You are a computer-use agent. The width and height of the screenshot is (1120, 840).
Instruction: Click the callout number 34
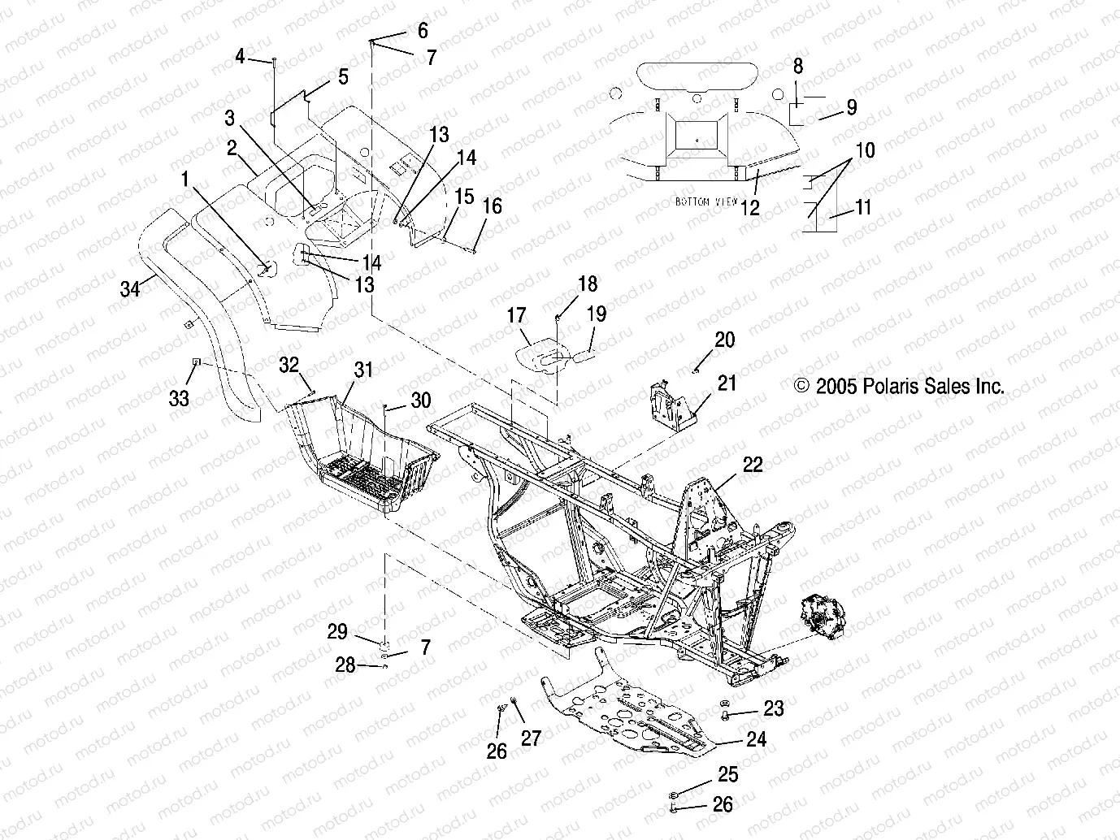tap(129, 288)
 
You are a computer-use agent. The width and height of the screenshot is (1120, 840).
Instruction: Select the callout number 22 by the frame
tap(753, 464)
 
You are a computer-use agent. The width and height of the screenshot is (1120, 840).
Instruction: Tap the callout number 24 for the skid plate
tap(756, 739)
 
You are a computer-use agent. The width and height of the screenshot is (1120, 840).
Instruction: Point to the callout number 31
tap(363, 370)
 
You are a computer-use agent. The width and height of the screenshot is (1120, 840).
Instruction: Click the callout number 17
tap(516, 315)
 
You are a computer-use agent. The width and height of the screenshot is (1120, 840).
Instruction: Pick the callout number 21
tap(727, 383)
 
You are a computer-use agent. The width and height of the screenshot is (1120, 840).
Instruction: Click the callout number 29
tap(337, 632)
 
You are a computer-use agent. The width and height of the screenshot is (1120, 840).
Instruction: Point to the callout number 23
tap(774, 708)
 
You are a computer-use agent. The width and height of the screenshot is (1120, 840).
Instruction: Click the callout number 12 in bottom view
tap(749, 207)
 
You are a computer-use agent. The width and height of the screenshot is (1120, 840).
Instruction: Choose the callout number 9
tap(851, 107)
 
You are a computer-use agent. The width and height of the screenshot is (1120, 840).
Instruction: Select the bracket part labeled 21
tap(671, 402)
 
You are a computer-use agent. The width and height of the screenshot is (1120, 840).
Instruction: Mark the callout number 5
tap(343, 76)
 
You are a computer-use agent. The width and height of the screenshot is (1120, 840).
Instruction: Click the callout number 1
tap(185, 178)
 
